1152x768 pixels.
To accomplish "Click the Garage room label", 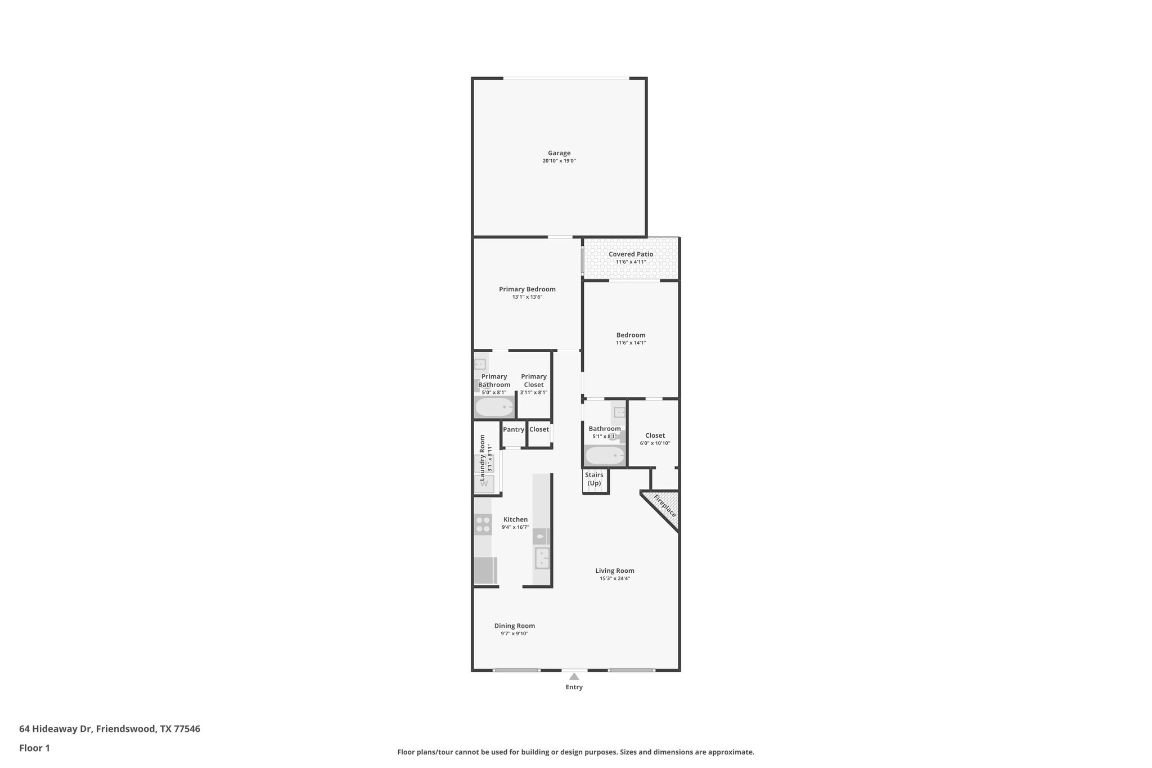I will pos(559,153).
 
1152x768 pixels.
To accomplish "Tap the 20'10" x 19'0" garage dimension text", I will pos(559,161).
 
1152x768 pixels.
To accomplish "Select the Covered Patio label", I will pos(631,254).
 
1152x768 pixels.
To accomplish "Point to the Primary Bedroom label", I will pos(527,289).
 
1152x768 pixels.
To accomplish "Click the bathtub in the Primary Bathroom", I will pos(494,407).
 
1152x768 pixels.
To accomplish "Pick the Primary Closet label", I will pos(534,380).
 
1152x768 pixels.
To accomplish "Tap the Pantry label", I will pos(514,429).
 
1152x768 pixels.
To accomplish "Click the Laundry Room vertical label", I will pos(482,457).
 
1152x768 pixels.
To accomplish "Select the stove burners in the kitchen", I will pos(483,524).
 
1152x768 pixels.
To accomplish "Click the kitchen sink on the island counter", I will pos(542,558).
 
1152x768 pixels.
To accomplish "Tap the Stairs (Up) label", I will pos(594,479).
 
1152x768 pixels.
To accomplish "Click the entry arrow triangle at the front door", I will pos(574,676).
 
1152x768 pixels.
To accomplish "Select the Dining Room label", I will pos(514,626).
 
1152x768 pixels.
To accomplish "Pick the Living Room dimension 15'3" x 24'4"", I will pos(615,578).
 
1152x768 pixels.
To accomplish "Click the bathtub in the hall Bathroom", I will pos(605,455).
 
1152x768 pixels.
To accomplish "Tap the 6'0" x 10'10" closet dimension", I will pos(655,443).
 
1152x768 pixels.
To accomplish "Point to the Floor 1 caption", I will pos(34,748).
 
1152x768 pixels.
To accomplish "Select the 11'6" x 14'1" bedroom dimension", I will pos(631,343).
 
